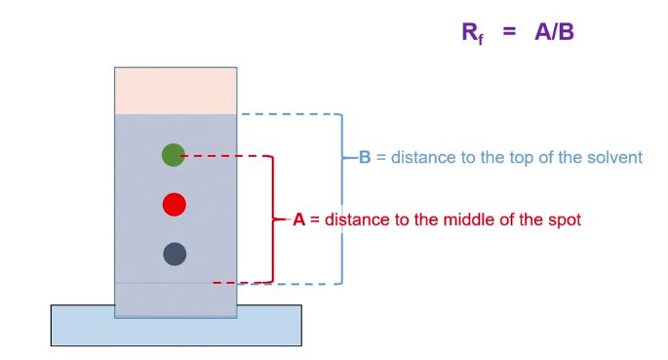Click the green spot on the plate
click(174, 154)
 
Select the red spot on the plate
click(175, 204)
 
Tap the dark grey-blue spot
click(175, 255)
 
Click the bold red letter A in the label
click(299, 220)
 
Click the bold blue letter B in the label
click(365, 157)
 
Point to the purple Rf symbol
click(472, 33)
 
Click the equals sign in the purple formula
click(509, 32)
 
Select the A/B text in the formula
click(554, 32)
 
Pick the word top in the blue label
click(536, 157)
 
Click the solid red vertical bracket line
click(272, 220)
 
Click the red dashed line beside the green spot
click(224, 155)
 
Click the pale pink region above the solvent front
click(176, 91)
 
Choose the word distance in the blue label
click(423, 157)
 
